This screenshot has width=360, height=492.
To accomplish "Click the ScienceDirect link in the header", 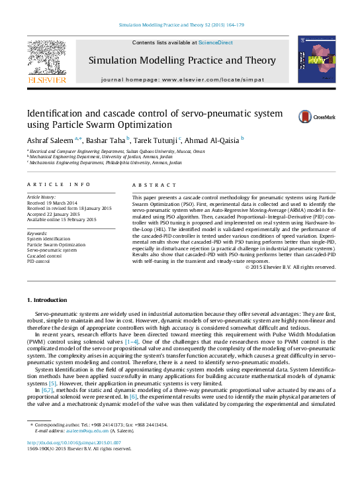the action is tap(215, 42).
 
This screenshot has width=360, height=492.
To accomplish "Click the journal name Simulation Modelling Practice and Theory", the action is tap(182, 61).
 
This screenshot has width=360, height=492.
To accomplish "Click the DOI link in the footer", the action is tap(73, 442).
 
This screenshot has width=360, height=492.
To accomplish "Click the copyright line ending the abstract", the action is tap(290, 267).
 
